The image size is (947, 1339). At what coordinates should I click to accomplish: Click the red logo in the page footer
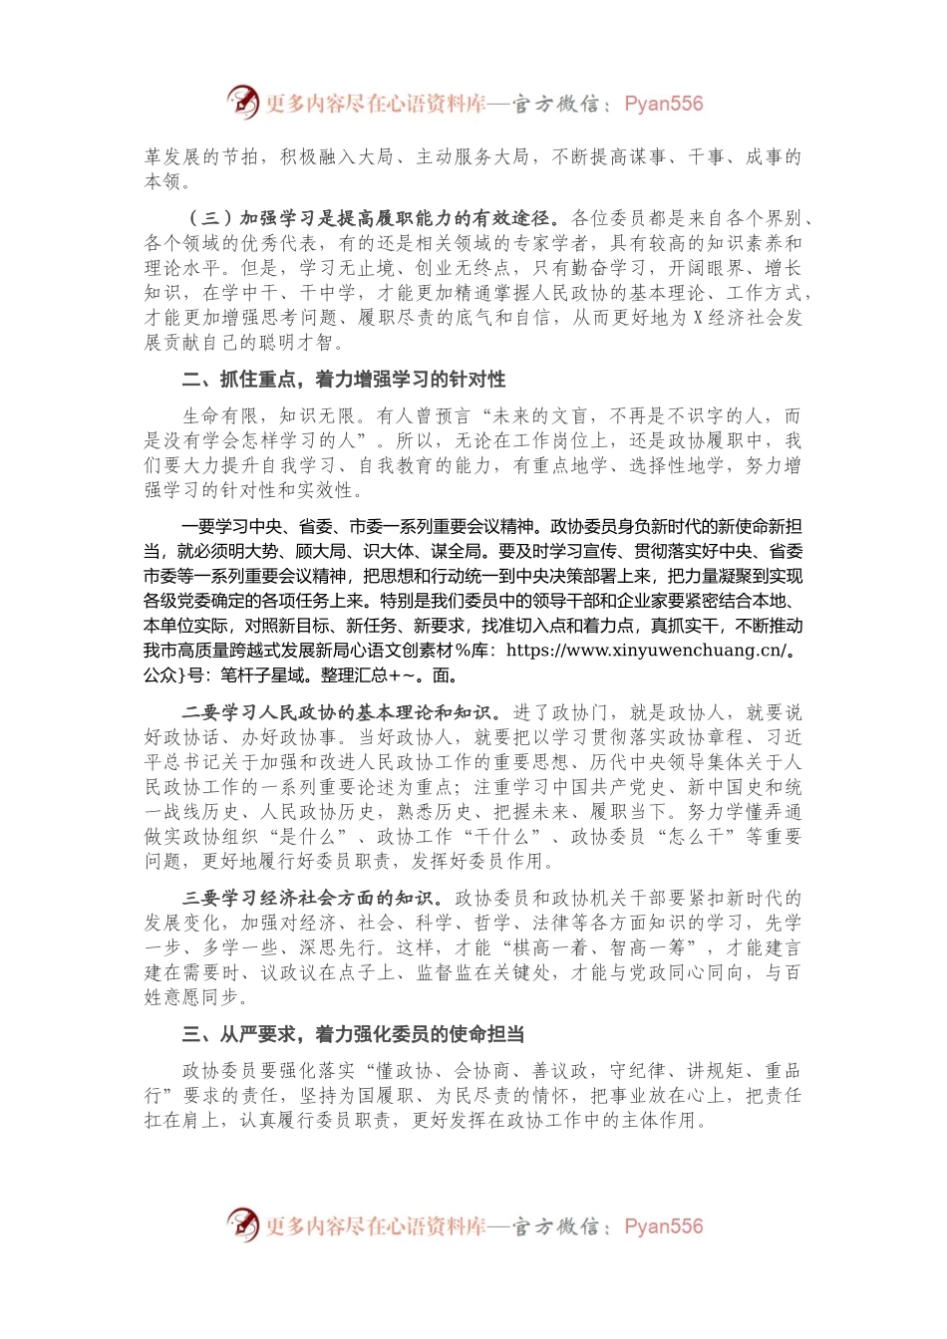click(242, 1224)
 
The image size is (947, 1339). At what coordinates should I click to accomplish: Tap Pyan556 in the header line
click(663, 104)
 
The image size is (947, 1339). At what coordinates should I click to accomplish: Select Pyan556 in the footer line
click(663, 1226)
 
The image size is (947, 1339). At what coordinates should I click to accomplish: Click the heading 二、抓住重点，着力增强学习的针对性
click(344, 380)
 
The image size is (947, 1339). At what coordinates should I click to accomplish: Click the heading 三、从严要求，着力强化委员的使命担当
click(353, 1034)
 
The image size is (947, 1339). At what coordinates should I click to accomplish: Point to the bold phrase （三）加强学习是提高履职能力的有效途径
click(369, 218)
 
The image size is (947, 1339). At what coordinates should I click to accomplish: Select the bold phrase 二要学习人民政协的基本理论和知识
click(338, 712)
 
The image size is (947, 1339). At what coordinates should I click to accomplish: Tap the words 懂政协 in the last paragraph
click(404, 1071)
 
